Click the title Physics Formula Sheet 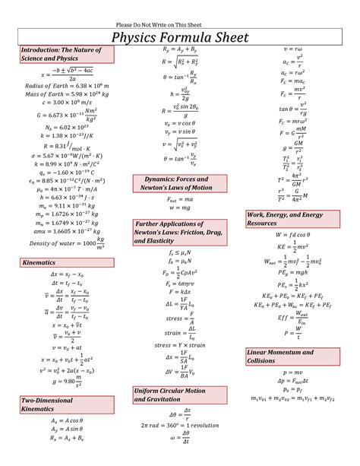point(179,36)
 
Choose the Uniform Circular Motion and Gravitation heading point(170,395)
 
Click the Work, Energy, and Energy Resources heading point(288,219)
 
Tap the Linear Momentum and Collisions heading point(279,357)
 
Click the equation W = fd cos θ point(292,236)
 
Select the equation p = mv point(292,372)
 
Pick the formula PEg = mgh point(292,271)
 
